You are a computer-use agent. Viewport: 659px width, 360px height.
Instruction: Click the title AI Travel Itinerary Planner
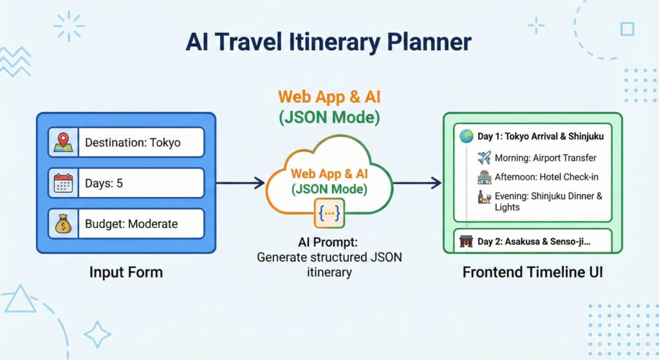coord(329,43)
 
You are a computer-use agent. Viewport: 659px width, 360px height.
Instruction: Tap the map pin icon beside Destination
coord(63,142)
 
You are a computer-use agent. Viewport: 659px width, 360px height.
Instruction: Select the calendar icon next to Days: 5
coord(63,184)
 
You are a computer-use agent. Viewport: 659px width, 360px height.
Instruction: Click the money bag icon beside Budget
coord(63,224)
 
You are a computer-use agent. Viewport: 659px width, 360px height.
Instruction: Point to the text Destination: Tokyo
coord(133,142)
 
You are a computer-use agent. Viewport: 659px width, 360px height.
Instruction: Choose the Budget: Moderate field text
coord(131,224)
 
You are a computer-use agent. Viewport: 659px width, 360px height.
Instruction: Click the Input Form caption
coord(126,272)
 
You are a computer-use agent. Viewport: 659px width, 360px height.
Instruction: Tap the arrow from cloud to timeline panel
coord(417,184)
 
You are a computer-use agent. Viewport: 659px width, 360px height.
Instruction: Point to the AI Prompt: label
coord(328,243)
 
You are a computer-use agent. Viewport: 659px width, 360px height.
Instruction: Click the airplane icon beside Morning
coord(485,158)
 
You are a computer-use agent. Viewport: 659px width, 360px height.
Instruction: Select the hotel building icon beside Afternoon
coord(485,177)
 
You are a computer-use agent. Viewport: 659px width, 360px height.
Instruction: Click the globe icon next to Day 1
coord(466,136)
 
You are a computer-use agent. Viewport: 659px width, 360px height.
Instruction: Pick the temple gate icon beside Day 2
coord(466,242)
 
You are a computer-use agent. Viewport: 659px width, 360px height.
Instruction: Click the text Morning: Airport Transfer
coord(545,158)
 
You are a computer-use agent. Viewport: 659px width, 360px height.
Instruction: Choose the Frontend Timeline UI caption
coord(533,272)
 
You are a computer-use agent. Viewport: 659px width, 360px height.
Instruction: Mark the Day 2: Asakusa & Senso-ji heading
coord(534,242)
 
